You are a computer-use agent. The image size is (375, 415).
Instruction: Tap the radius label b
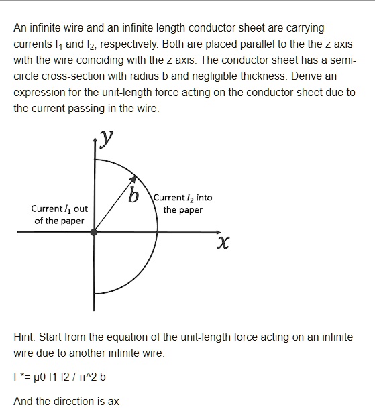(x=133, y=197)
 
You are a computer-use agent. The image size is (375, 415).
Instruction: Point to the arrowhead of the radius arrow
(x=136, y=180)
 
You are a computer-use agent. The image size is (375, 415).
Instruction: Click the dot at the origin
(x=94, y=232)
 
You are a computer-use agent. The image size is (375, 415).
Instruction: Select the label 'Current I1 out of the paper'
(x=59, y=215)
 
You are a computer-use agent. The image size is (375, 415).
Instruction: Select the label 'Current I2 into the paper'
(x=182, y=203)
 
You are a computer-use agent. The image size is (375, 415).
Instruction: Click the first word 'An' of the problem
(x=20, y=27)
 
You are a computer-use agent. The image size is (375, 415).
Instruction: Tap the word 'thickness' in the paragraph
(x=307, y=76)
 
